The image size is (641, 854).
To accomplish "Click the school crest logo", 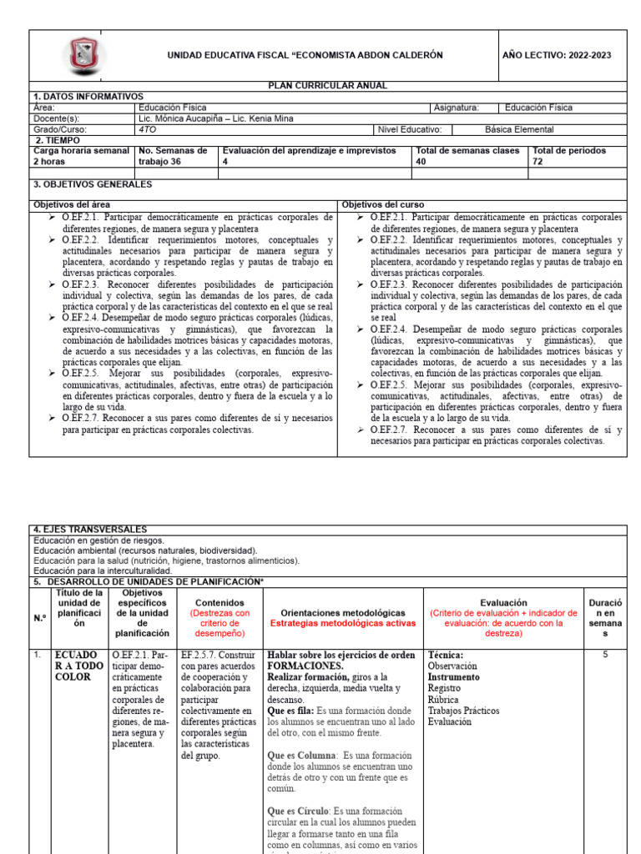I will pos(83,55).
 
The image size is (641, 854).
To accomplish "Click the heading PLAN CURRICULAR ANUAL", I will pos(327,86).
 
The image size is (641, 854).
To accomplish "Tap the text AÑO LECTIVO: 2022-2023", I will pos(557,55).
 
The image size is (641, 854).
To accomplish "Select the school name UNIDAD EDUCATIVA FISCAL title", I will pos(305,55).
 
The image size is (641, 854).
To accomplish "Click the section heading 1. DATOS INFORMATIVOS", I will pos(88,97).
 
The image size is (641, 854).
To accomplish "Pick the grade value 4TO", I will pos(149,129).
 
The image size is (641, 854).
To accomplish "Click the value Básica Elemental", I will pos(518,129).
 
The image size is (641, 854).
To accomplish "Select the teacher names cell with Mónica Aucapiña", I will pos(216,118).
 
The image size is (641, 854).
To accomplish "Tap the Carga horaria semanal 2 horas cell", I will pos(81,156).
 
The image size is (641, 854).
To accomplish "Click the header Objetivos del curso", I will pos(382,204).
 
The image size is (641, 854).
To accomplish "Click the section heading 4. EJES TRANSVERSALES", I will pos(89,530).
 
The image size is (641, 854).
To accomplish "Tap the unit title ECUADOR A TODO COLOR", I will pos(78,666).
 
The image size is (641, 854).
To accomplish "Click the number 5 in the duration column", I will pos(606,655).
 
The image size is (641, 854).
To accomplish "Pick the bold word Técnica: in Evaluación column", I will pos(445,655).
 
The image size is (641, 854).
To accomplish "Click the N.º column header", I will pos(40,617).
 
